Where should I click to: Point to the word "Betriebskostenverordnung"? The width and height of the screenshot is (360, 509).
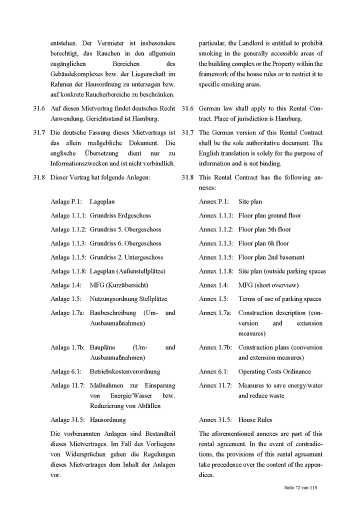(125, 371)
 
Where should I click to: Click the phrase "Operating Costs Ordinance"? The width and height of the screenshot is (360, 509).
(274, 371)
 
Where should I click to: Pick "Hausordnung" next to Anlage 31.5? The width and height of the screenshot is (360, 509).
(108, 420)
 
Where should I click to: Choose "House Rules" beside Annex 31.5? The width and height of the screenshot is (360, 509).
(255, 420)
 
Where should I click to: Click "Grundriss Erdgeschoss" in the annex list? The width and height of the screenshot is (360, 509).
(120, 215)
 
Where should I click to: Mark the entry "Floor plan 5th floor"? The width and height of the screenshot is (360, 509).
(264, 229)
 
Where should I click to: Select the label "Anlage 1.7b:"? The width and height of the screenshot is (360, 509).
(67, 347)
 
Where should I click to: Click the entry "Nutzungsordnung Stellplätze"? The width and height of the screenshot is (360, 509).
(128, 299)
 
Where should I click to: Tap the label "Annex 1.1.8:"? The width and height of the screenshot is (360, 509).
(216, 271)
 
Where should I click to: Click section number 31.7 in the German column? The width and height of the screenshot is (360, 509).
(39, 132)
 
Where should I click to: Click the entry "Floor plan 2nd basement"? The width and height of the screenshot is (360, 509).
(271, 257)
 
